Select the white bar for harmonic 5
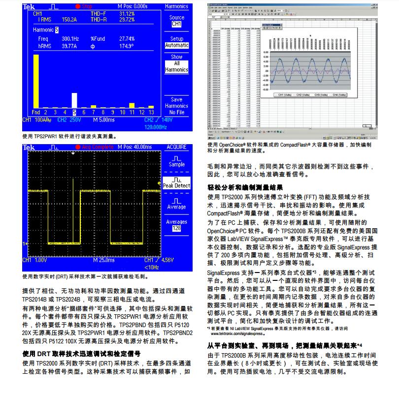click(74, 99)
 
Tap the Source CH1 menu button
click(176, 21)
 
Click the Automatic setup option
click(176, 45)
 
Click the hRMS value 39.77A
click(58, 46)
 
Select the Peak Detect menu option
click(176, 183)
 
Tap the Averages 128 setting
click(176, 225)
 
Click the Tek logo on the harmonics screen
click(29, 6)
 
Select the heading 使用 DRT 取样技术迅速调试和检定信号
click(82, 353)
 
